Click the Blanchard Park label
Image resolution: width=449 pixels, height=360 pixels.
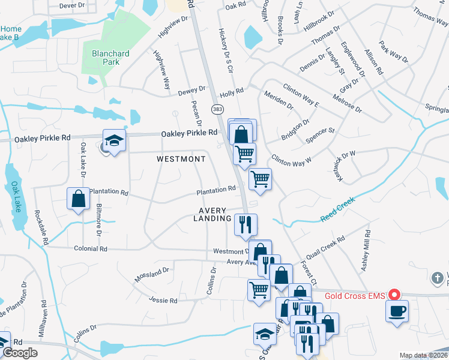(110, 58)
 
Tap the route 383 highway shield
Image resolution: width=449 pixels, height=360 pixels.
(217, 109)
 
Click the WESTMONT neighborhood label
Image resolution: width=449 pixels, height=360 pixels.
(181, 159)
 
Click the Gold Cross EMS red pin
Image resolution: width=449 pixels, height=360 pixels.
(394, 294)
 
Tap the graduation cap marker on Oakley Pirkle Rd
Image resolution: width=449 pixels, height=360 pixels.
(114, 141)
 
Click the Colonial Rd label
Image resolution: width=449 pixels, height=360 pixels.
(90, 248)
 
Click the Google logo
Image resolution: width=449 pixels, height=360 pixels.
(20, 353)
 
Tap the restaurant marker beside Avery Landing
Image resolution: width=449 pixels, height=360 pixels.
(246, 224)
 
